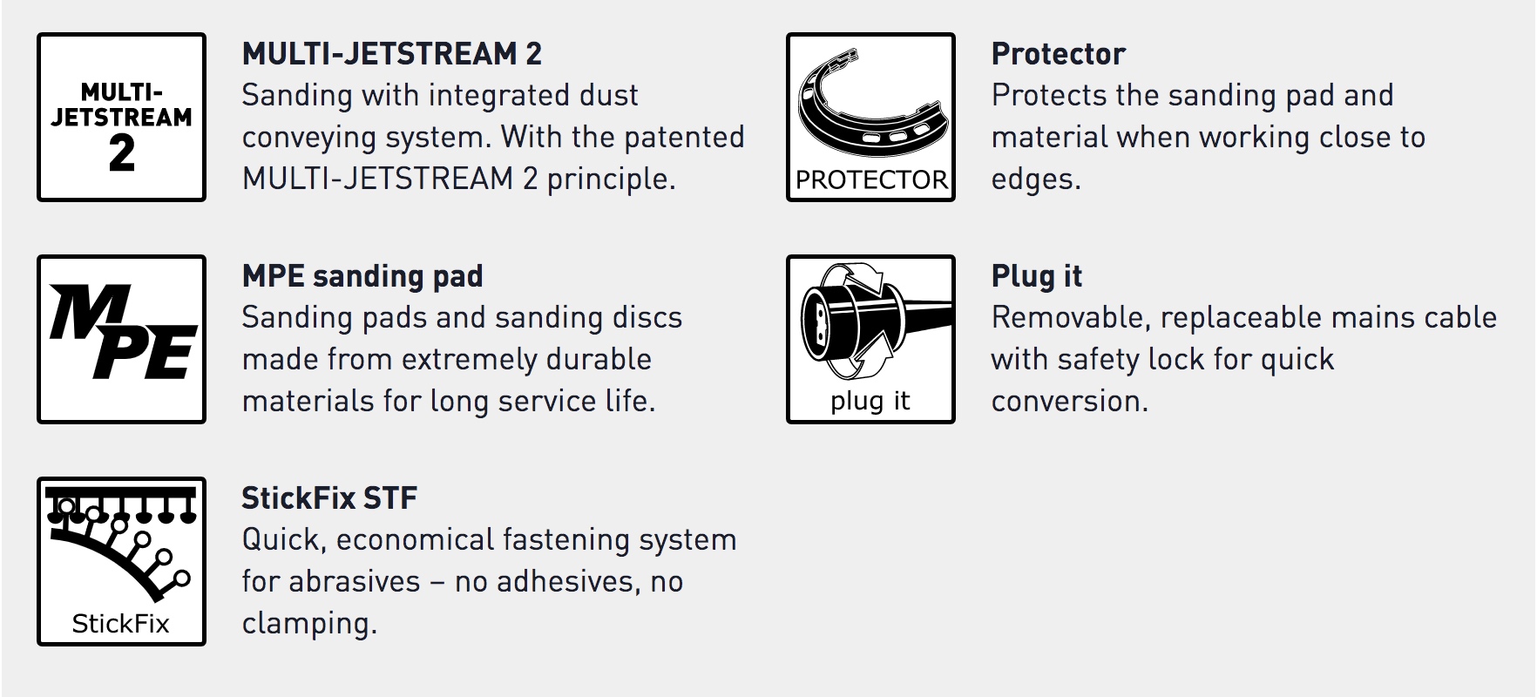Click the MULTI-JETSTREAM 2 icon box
coord(121,117)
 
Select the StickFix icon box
coord(121,561)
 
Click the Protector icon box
coord(870,117)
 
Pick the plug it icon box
coord(870,339)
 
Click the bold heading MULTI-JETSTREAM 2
coord(392,54)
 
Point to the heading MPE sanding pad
coord(362,276)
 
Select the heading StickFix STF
coord(329,498)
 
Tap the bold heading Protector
coord(1059,54)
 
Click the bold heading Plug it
coord(1037,276)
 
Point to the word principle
coord(611,179)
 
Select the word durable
coord(599,359)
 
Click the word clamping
coord(309,624)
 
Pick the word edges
coord(1036,179)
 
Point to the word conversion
coord(1070,401)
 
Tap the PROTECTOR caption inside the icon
coord(871,180)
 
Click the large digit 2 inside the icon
coord(122,153)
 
